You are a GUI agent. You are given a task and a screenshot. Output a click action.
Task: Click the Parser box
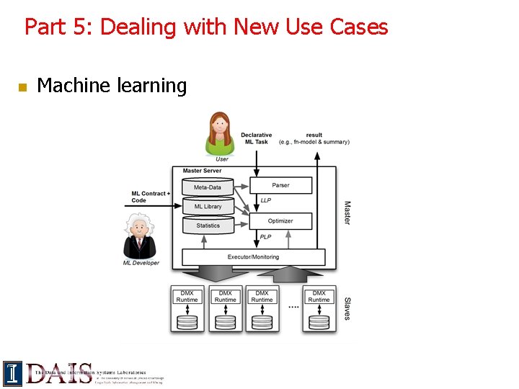pos(280,185)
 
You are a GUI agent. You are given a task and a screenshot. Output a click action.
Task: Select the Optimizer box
pos(280,220)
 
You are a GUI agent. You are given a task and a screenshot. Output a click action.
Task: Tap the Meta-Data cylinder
pos(208,187)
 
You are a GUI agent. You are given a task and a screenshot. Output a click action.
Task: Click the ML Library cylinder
pos(208,206)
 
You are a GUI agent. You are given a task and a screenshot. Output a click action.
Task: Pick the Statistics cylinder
pos(208,225)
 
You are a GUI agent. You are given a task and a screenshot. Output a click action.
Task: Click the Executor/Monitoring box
pos(253,256)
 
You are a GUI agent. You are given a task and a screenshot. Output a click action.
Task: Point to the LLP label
pos(266,200)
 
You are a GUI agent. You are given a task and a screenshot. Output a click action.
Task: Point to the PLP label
pos(266,237)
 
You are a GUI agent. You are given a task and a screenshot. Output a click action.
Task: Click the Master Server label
pos(203,171)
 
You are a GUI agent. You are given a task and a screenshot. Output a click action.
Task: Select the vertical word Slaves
pos(347,308)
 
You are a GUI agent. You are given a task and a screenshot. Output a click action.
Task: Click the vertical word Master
pos(347,213)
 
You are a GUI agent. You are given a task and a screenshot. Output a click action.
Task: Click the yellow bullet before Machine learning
pos(22,87)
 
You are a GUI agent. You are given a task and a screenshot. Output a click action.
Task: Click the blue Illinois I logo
pos(12,373)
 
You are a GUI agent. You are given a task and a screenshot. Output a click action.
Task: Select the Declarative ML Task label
pos(256,138)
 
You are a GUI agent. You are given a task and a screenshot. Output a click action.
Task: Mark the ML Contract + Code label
pos(151,197)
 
